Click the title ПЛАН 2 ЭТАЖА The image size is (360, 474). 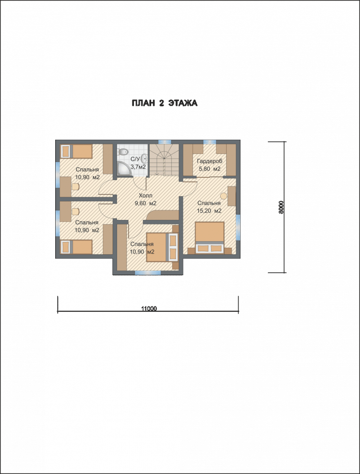(165, 103)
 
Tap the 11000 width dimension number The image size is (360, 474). (149, 309)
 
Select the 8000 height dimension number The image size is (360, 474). (281, 207)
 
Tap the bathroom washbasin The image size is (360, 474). (144, 158)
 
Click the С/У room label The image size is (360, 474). (135, 159)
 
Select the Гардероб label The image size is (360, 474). (209, 161)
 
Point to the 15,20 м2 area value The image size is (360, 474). (209, 211)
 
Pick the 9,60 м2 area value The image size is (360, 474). (145, 203)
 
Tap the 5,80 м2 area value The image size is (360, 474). (209, 169)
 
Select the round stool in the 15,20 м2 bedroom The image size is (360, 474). (223, 196)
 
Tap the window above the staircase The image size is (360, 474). (165, 142)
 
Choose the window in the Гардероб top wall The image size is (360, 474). (209, 142)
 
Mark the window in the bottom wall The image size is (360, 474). (148, 272)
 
